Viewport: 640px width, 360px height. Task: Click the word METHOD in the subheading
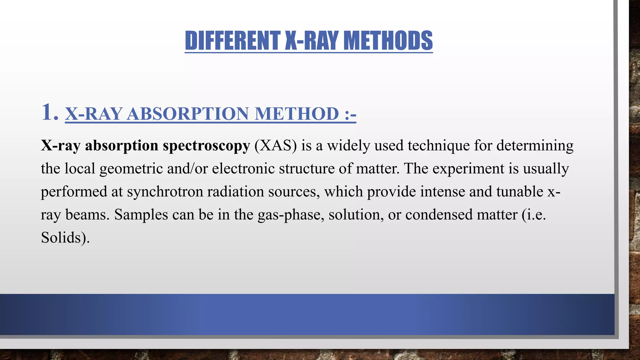[297, 113]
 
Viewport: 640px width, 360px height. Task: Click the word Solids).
[65, 238]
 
